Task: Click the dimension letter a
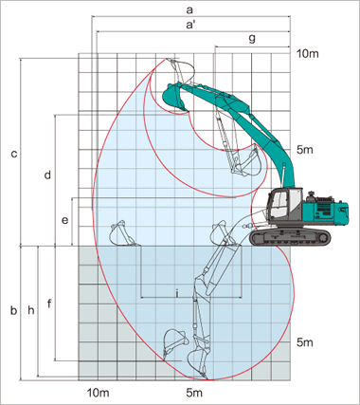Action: point(189,10)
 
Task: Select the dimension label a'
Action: point(190,25)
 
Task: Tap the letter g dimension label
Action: point(252,39)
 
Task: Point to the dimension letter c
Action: point(14,155)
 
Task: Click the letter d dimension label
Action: point(47,175)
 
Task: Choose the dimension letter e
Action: point(64,220)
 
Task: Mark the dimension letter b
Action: point(13,310)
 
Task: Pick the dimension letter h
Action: point(30,310)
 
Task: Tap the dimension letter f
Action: point(49,304)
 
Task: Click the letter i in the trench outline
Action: point(177,294)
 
